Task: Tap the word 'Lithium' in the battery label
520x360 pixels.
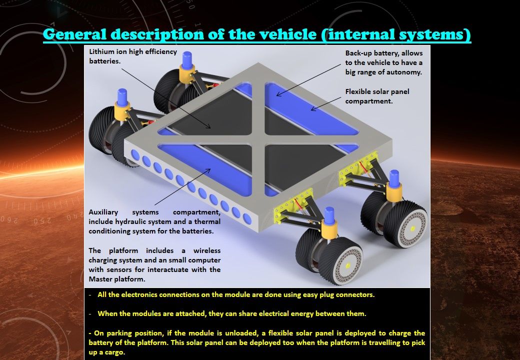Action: click(102, 52)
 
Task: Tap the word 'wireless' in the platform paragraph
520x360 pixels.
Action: click(206, 250)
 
